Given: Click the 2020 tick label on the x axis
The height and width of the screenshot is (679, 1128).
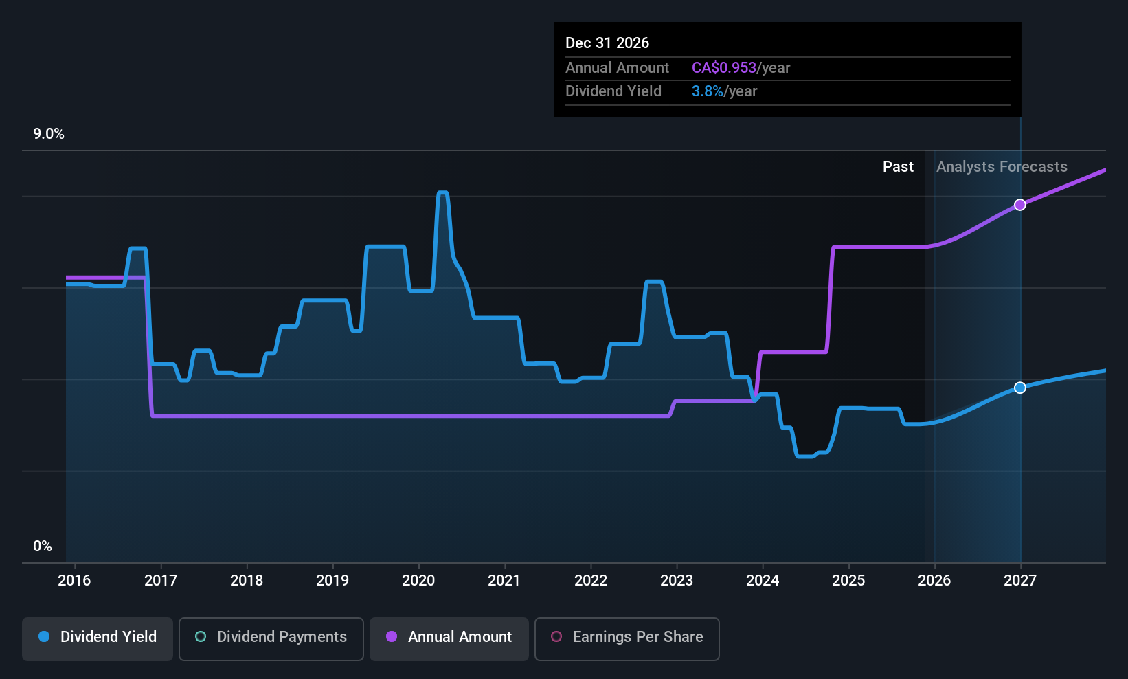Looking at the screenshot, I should pyautogui.click(x=418, y=580).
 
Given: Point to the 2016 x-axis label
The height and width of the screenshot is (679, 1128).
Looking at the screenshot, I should pyautogui.click(x=74, y=580).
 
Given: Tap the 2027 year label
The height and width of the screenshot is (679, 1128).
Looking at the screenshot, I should pyautogui.click(x=1019, y=580).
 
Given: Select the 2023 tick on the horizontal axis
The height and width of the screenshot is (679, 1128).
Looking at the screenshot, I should pyautogui.click(x=676, y=580).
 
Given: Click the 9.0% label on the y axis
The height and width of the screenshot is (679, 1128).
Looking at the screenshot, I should pyautogui.click(x=49, y=134).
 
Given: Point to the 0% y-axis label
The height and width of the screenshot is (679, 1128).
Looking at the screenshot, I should pyautogui.click(x=43, y=546).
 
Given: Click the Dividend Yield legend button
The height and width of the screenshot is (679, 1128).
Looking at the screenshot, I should pyautogui.click(x=98, y=637).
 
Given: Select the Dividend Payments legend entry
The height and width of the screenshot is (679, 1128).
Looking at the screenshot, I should pyautogui.click(x=271, y=637).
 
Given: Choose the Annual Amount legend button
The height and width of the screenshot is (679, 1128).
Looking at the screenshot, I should pyautogui.click(x=449, y=637).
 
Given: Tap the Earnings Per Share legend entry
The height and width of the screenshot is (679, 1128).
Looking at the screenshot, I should pyautogui.click(x=627, y=637).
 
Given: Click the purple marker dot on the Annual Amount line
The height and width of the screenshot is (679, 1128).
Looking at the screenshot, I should pyautogui.click(x=1020, y=205).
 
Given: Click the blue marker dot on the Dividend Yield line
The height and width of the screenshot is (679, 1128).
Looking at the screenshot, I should pyautogui.click(x=1020, y=388).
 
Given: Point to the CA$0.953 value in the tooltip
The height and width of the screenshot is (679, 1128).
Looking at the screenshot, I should pyautogui.click(x=723, y=68).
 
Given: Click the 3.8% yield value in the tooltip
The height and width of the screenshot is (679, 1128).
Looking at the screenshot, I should pyautogui.click(x=707, y=91).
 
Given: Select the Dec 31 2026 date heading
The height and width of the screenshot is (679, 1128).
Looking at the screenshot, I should pyautogui.click(x=607, y=43).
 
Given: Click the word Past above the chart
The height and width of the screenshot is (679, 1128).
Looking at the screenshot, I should pyautogui.click(x=898, y=167).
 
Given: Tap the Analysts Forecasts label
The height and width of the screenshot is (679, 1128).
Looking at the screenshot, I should pyautogui.click(x=1002, y=167).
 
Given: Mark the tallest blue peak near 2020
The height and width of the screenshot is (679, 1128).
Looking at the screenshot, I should pyautogui.click(x=442, y=193).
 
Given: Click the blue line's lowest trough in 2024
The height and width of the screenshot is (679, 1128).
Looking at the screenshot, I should pyautogui.click(x=805, y=456).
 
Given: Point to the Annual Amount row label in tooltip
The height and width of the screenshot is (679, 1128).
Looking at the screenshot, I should pyautogui.click(x=617, y=68).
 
